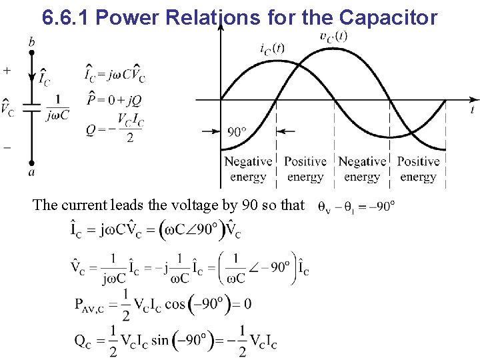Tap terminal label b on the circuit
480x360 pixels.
tap(31, 43)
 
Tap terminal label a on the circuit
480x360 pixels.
tap(31, 172)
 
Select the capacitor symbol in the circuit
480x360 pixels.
tap(31, 107)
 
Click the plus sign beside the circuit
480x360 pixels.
tap(7, 69)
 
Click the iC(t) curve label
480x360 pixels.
tap(273, 48)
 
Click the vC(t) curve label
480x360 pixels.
tap(333, 36)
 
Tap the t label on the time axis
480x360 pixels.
tap(471, 109)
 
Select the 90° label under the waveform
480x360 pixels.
tap(238, 131)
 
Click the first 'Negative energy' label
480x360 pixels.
tap(248, 169)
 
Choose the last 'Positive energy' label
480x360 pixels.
tap(419, 169)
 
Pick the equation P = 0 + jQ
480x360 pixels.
tap(113, 101)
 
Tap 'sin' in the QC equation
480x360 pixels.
tap(160, 341)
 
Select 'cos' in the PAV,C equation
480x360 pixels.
tap(175, 305)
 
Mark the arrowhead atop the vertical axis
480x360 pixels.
tap(221, 27)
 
